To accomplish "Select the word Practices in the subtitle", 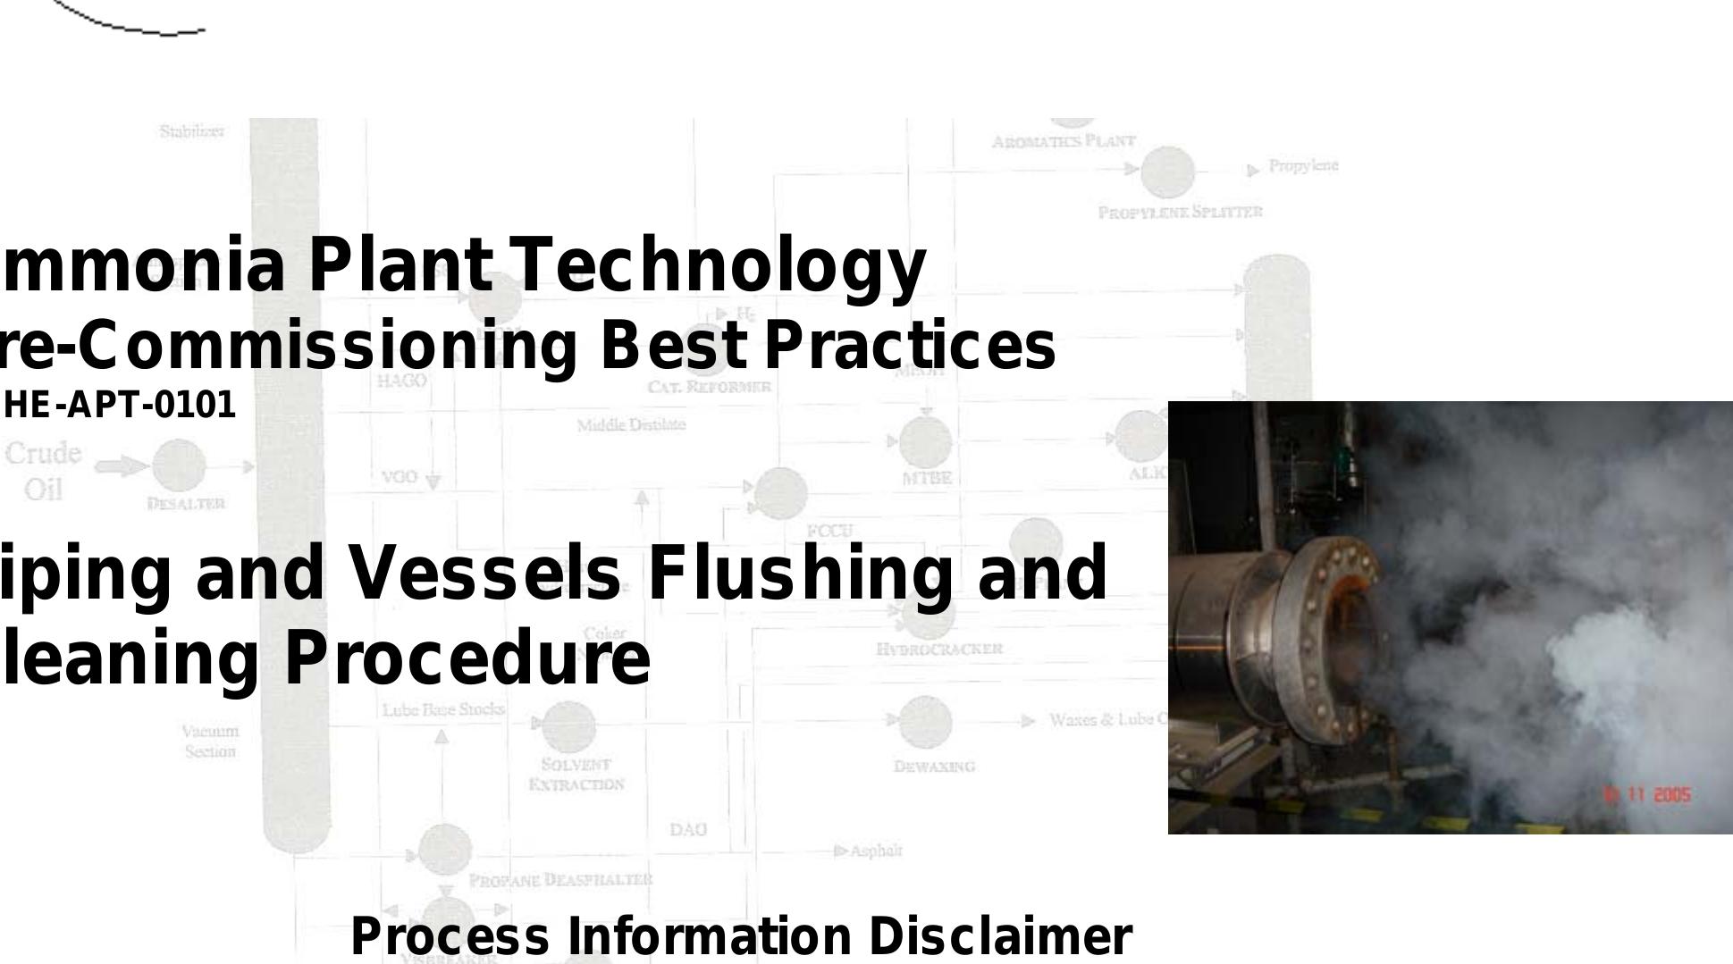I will pyautogui.click(x=910, y=347).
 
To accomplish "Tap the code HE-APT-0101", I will pyautogui.click(x=120, y=406).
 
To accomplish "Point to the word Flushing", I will pyautogui.click(x=805, y=573).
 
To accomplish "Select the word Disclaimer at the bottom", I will pyautogui.click(x=999, y=936).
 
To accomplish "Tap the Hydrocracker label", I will pyautogui.click(x=940, y=649).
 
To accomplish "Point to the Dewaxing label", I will pyautogui.click(x=934, y=767).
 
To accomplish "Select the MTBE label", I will pyautogui.click(x=926, y=479).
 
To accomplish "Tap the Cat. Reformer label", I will pyautogui.click(x=709, y=387).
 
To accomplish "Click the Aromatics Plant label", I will pyautogui.click(x=1064, y=141).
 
